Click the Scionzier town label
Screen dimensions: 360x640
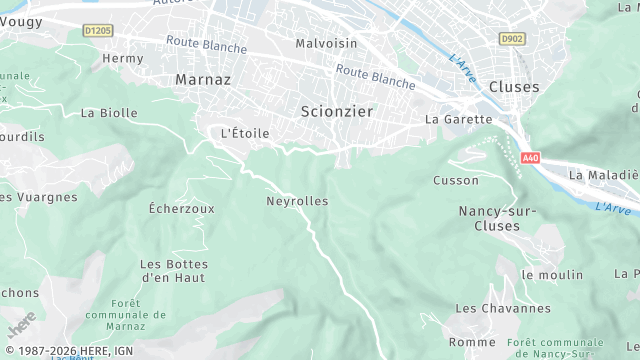click(x=336, y=112)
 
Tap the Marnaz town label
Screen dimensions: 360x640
click(x=203, y=78)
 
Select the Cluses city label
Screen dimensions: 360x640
click(x=514, y=87)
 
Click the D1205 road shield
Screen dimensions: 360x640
click(x=99, y=31)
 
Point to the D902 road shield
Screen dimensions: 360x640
click(x=512, y=38)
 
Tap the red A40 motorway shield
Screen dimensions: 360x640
click(x=530, y=158)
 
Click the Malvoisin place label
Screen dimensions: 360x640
click(x=326, y=43)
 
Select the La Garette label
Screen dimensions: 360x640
click(x=459, y=119)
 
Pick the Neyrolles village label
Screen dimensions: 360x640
click(x=297, y=201)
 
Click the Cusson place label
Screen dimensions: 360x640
click(x=456, y=180)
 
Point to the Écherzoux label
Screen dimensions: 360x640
click(x=181, y=209)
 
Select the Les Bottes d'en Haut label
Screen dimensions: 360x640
click(x=173, y=270)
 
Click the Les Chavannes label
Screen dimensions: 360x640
click(x=517, y=309)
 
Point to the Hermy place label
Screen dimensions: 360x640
click(x=123, y=59)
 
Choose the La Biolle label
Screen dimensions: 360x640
click(x=109, y=113)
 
